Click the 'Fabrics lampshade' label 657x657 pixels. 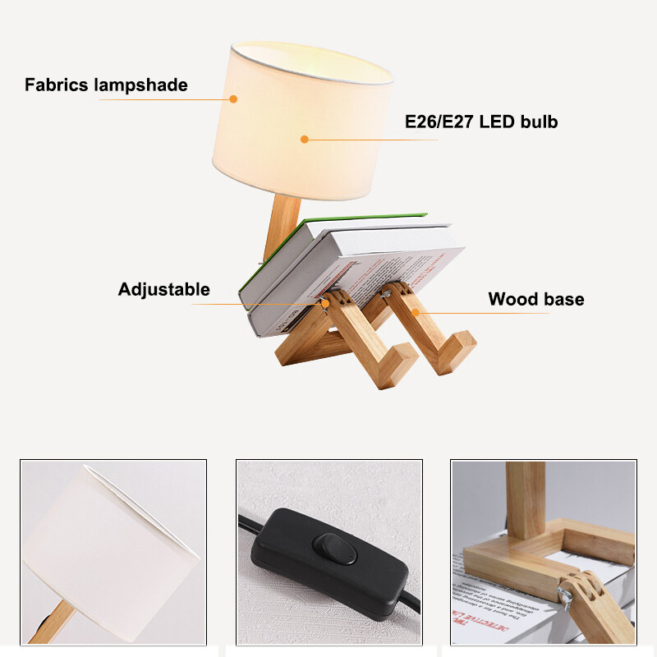106,85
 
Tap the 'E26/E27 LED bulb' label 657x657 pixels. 481,122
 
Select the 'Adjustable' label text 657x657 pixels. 163,289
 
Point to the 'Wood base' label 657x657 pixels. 536,299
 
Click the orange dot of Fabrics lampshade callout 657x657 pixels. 233,99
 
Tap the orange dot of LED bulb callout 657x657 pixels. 304,140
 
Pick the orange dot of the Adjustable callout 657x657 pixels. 326,303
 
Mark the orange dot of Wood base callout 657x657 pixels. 416,312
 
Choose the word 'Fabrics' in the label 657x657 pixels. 59,85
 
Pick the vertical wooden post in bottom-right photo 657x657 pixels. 526,501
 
